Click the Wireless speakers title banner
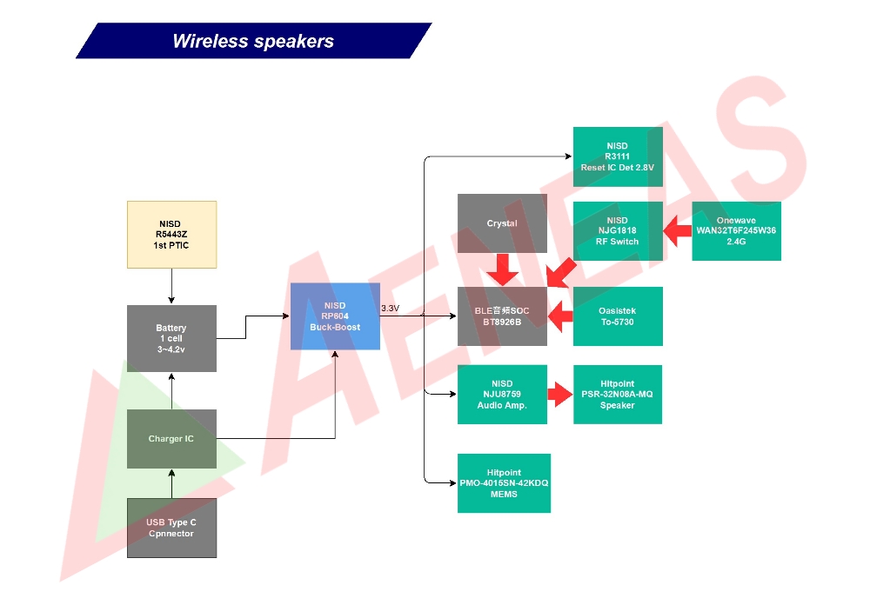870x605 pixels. [x=253, y=41]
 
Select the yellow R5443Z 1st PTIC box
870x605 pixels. [x=171, y=235]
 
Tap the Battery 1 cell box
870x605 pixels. [x=171, y=338]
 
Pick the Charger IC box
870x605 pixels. [x=171, y=439]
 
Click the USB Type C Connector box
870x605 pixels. [x=171, y=528]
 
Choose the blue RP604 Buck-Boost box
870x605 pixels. [x=335, y=316]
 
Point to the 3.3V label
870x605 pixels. [x=390, y=309]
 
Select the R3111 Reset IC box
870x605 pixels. [x=618, y=156]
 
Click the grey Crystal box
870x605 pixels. [x=502, y=223]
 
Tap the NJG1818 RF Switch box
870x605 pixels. [x=618, y=231]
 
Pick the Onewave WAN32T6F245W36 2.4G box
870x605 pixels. [x=736, y=231]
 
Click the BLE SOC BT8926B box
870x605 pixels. [x=502, y=316]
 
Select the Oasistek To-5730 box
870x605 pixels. [x=618, y=316]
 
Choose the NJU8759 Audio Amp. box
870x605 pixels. [x=502, y=395]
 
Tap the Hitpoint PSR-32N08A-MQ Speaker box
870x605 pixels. [x=618, y=395]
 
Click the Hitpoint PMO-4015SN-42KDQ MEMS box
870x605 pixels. [x=504, y=483]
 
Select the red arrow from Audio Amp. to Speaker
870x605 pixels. [x=560, y=395]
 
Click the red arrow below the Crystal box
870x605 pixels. [x=502, y=269]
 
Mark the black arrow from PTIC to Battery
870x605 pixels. [x=171, y=287]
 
